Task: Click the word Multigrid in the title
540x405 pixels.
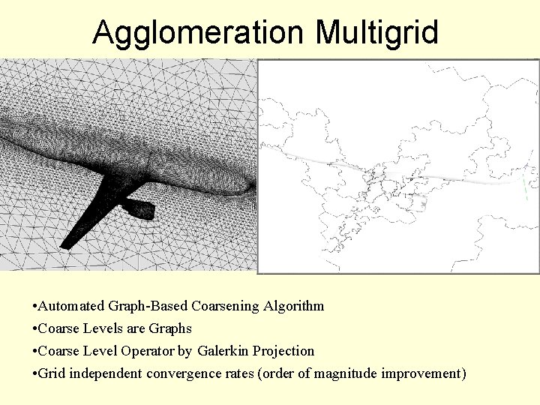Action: click(x=377, y=33)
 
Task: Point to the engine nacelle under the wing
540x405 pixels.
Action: click(x=139, y=206)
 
